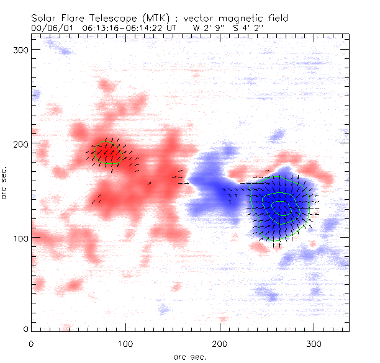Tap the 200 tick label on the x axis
pos(220,343)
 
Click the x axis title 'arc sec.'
pos(189,356)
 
